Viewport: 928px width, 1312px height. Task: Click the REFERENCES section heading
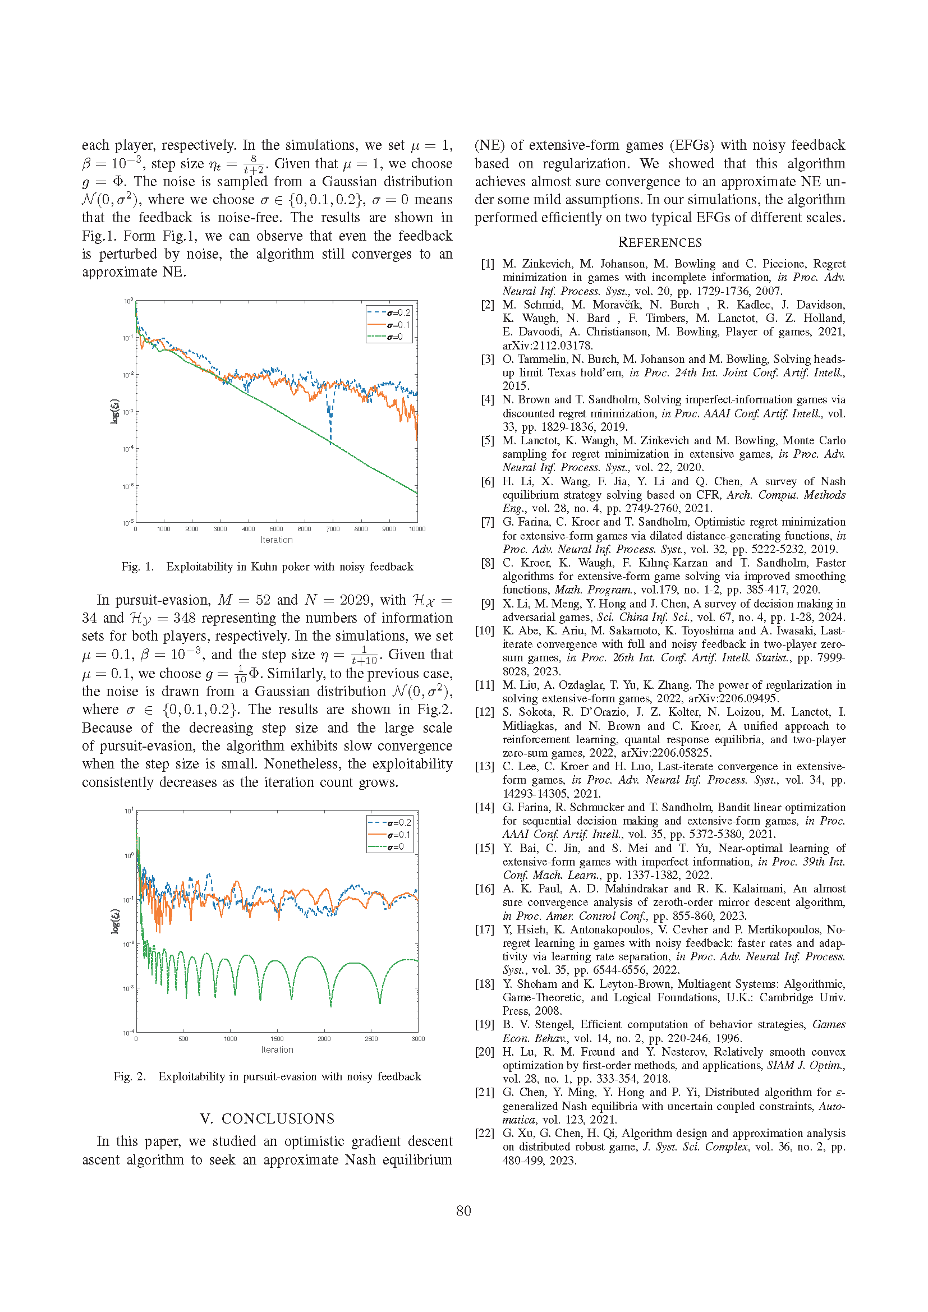click(659, 242)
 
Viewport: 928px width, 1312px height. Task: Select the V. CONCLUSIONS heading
click(267, 1118)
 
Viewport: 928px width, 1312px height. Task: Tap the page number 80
click(463, 1210)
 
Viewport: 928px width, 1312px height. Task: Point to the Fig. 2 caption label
click(129, 1076)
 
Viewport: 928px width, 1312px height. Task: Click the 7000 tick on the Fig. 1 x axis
click(333, 529)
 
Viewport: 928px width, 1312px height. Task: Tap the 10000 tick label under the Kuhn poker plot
click(417, 529)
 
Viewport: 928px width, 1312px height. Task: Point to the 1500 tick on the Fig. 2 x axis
click(277, 1038)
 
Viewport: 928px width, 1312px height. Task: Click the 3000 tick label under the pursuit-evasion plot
click(418, 1038)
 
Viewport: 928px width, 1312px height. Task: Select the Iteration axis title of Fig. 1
click(277, 540)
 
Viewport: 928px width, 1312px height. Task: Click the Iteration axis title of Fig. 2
click(277, 1049)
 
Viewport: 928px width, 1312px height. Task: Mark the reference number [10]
click(485, 630)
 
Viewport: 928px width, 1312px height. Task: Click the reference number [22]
click(485, 1133)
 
